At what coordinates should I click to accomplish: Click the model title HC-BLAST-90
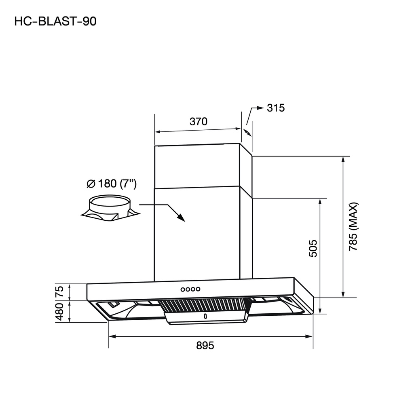tap(55, 21)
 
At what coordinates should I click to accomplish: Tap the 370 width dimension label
tap(198, 121)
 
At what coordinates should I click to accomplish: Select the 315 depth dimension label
tap(276, 108)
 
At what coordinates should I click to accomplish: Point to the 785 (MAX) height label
tap(354, 226)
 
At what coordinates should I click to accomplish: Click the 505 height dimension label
tap(313, 249)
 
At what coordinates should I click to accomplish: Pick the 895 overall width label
tap(205, 346)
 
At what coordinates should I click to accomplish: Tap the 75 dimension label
tap(59, 291)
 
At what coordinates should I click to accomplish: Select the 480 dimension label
tap(59, 312)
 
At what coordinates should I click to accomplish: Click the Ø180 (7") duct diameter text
tap(112, 184)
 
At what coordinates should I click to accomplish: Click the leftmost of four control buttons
tap(183, 289)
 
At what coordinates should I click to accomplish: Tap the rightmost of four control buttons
tap(198, 289)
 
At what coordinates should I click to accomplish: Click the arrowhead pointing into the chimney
tap(181, 218)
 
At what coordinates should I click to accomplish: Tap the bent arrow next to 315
tap(254, 110)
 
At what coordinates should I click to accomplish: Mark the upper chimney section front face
tap(197, 166)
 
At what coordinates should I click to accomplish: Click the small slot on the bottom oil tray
tap(205, 316)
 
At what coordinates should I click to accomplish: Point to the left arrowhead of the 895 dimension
tap(112, 336)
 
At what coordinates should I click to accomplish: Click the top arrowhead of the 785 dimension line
tap(343, 159)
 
